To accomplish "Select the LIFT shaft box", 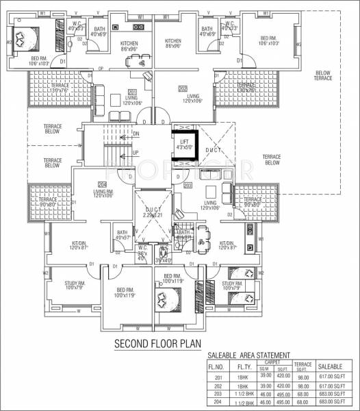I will (184, 145).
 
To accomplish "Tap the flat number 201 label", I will (131, 91).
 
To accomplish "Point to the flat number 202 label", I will (183, 89).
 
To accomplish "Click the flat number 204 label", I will (102, 184).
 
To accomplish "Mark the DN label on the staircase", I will (136, 134).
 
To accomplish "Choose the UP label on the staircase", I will (136, 152).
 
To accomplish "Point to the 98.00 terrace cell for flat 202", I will (303, 386).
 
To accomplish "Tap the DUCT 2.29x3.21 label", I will (153, 212).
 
